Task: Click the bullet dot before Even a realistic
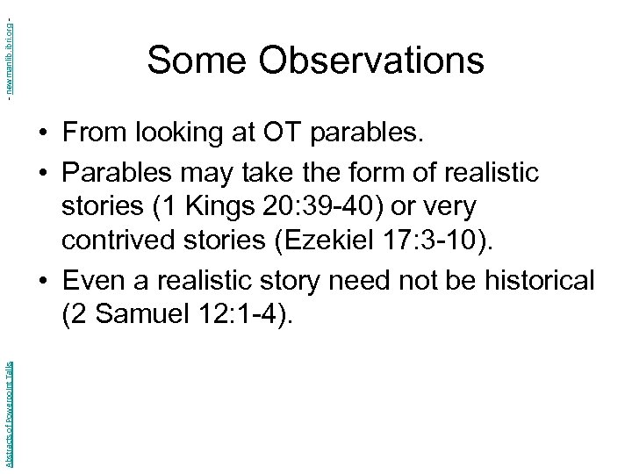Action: (43, 283)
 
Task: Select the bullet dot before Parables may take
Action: (43, 172)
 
